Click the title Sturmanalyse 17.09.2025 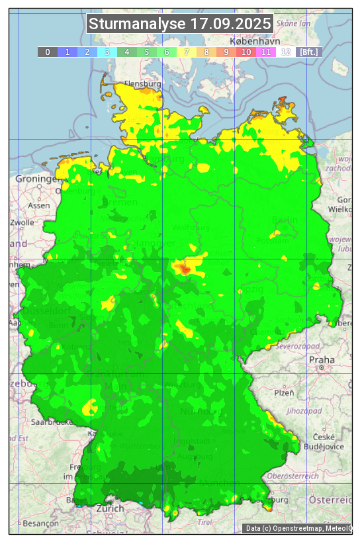(x=180, y=24)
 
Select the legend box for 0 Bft (x=48, y=52)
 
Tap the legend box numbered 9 (x=226, y=52)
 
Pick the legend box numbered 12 (x=286, y=52)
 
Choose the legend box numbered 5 (x=147, y=52)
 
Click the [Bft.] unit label (x=308, y=52)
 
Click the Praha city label (x=321, y=359)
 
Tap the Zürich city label (x=109, y=508)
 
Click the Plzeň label (x=283, y=392)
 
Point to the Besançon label (x=39, y=523)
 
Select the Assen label (x=39, y=205)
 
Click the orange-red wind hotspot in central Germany (x=184, y=269)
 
